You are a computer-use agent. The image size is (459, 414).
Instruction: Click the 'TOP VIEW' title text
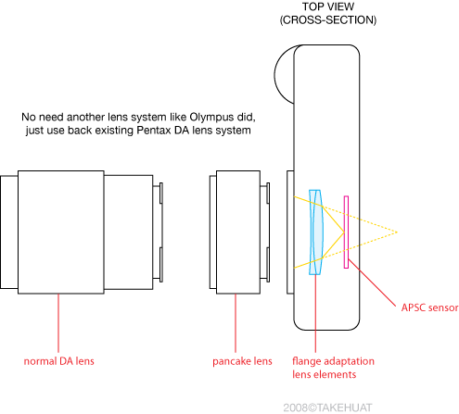click(328, 6)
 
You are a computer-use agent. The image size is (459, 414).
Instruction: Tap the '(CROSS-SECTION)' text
click(328, 20)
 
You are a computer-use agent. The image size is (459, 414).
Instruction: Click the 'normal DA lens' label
click(58, 361)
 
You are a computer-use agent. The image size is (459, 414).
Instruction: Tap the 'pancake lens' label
click(242, 361)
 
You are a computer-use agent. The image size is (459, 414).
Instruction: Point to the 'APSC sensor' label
click(429, 307)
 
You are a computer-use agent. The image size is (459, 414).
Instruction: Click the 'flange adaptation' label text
click(333, 361)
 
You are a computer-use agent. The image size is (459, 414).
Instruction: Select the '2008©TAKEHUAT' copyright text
click(327, 408)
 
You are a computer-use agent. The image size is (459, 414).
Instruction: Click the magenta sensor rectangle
click(346, 232)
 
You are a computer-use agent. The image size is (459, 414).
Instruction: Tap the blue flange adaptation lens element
click(315, 232)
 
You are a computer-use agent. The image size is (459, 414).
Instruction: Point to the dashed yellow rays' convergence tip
click(397, 232)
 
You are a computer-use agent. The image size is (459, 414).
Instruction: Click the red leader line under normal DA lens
click(58, 323)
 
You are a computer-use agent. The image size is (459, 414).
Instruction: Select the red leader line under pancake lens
click(236, 323)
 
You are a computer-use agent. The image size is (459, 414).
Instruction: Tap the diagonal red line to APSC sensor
click(372, 282)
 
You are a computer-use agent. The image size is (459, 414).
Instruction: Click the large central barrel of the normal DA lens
click(61, 232)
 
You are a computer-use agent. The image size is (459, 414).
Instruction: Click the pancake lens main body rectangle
click(238, 232)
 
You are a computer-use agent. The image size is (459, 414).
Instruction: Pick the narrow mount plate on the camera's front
click(290, 232)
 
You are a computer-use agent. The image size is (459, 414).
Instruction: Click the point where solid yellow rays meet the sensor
click(344, 232)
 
